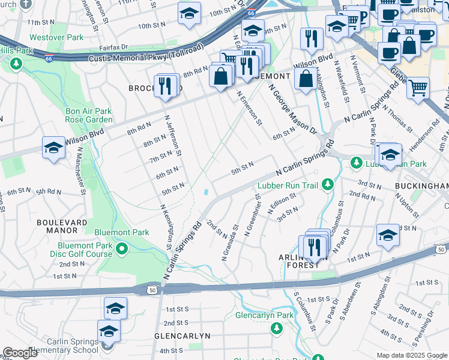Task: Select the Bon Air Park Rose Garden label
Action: pyautogui.click(x=89, y=116)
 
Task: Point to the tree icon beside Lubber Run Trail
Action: pyautogui.click(x=328, y=185)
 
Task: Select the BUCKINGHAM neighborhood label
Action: pyautogui.click(x=421, y=187)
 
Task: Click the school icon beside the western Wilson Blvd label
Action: pyautogui.click(x=53, y=149)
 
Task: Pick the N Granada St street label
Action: pyautogui.click(x=231, y=242)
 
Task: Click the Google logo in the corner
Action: pyautogui.click(x=20, y=353)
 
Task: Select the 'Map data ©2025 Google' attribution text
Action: pyautogui.click(x=411, y=355)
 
